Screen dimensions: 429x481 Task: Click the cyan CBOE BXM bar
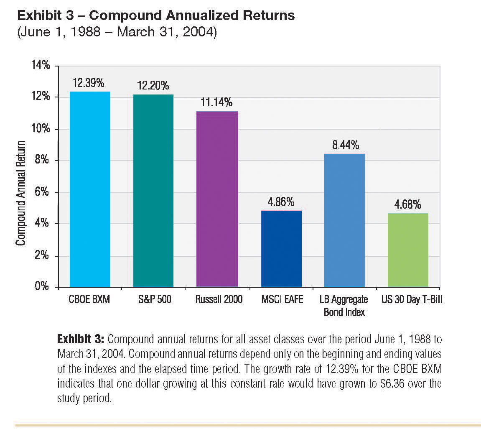[90, 189]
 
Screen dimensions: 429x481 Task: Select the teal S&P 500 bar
[153, 191]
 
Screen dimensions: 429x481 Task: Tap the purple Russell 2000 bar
[217, 199]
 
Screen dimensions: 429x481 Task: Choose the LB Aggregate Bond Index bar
[344, 220]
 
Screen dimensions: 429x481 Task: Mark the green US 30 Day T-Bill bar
[408, 250]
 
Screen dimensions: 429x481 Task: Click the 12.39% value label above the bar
[88, 83]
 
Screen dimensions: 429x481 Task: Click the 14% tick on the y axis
[41, 66]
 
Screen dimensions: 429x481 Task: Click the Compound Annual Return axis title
[21, 193]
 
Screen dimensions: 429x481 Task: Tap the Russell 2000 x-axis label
[219, 300]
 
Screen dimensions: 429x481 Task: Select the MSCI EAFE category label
[282, 300]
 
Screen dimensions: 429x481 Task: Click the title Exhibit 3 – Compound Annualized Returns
[156, 16]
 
